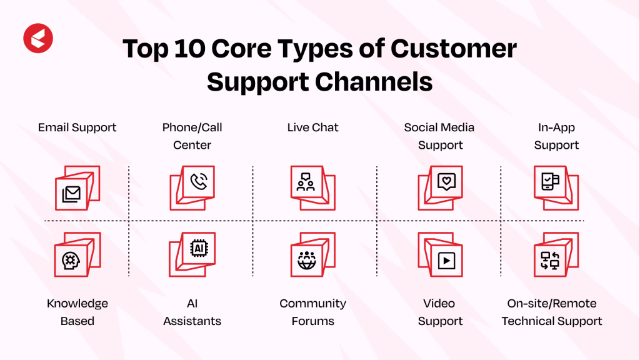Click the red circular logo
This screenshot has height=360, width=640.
click(38, 38)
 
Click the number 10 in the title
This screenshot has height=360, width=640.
click(189, 49)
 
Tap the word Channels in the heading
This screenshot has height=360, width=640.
click(374, 82)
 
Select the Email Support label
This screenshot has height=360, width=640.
click(77, 127)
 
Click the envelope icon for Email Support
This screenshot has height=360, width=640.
click(71, 194)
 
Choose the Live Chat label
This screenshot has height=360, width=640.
click(312, 127)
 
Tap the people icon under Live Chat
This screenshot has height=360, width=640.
click(306, 182)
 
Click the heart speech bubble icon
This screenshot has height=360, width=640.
click(446, 182)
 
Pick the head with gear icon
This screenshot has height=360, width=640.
click(71, 261)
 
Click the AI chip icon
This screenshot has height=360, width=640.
click(199, 248)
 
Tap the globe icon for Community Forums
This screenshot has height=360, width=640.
click(306, 261)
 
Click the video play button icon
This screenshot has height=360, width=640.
click(446, 261)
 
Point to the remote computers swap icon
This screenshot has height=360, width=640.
click(550, 261)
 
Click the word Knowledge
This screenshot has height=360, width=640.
click(77, 304)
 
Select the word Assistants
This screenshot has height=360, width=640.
click(192, 321)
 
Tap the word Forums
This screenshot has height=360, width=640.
click(312, 321)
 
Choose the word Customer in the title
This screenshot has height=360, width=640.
click(454, 49)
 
